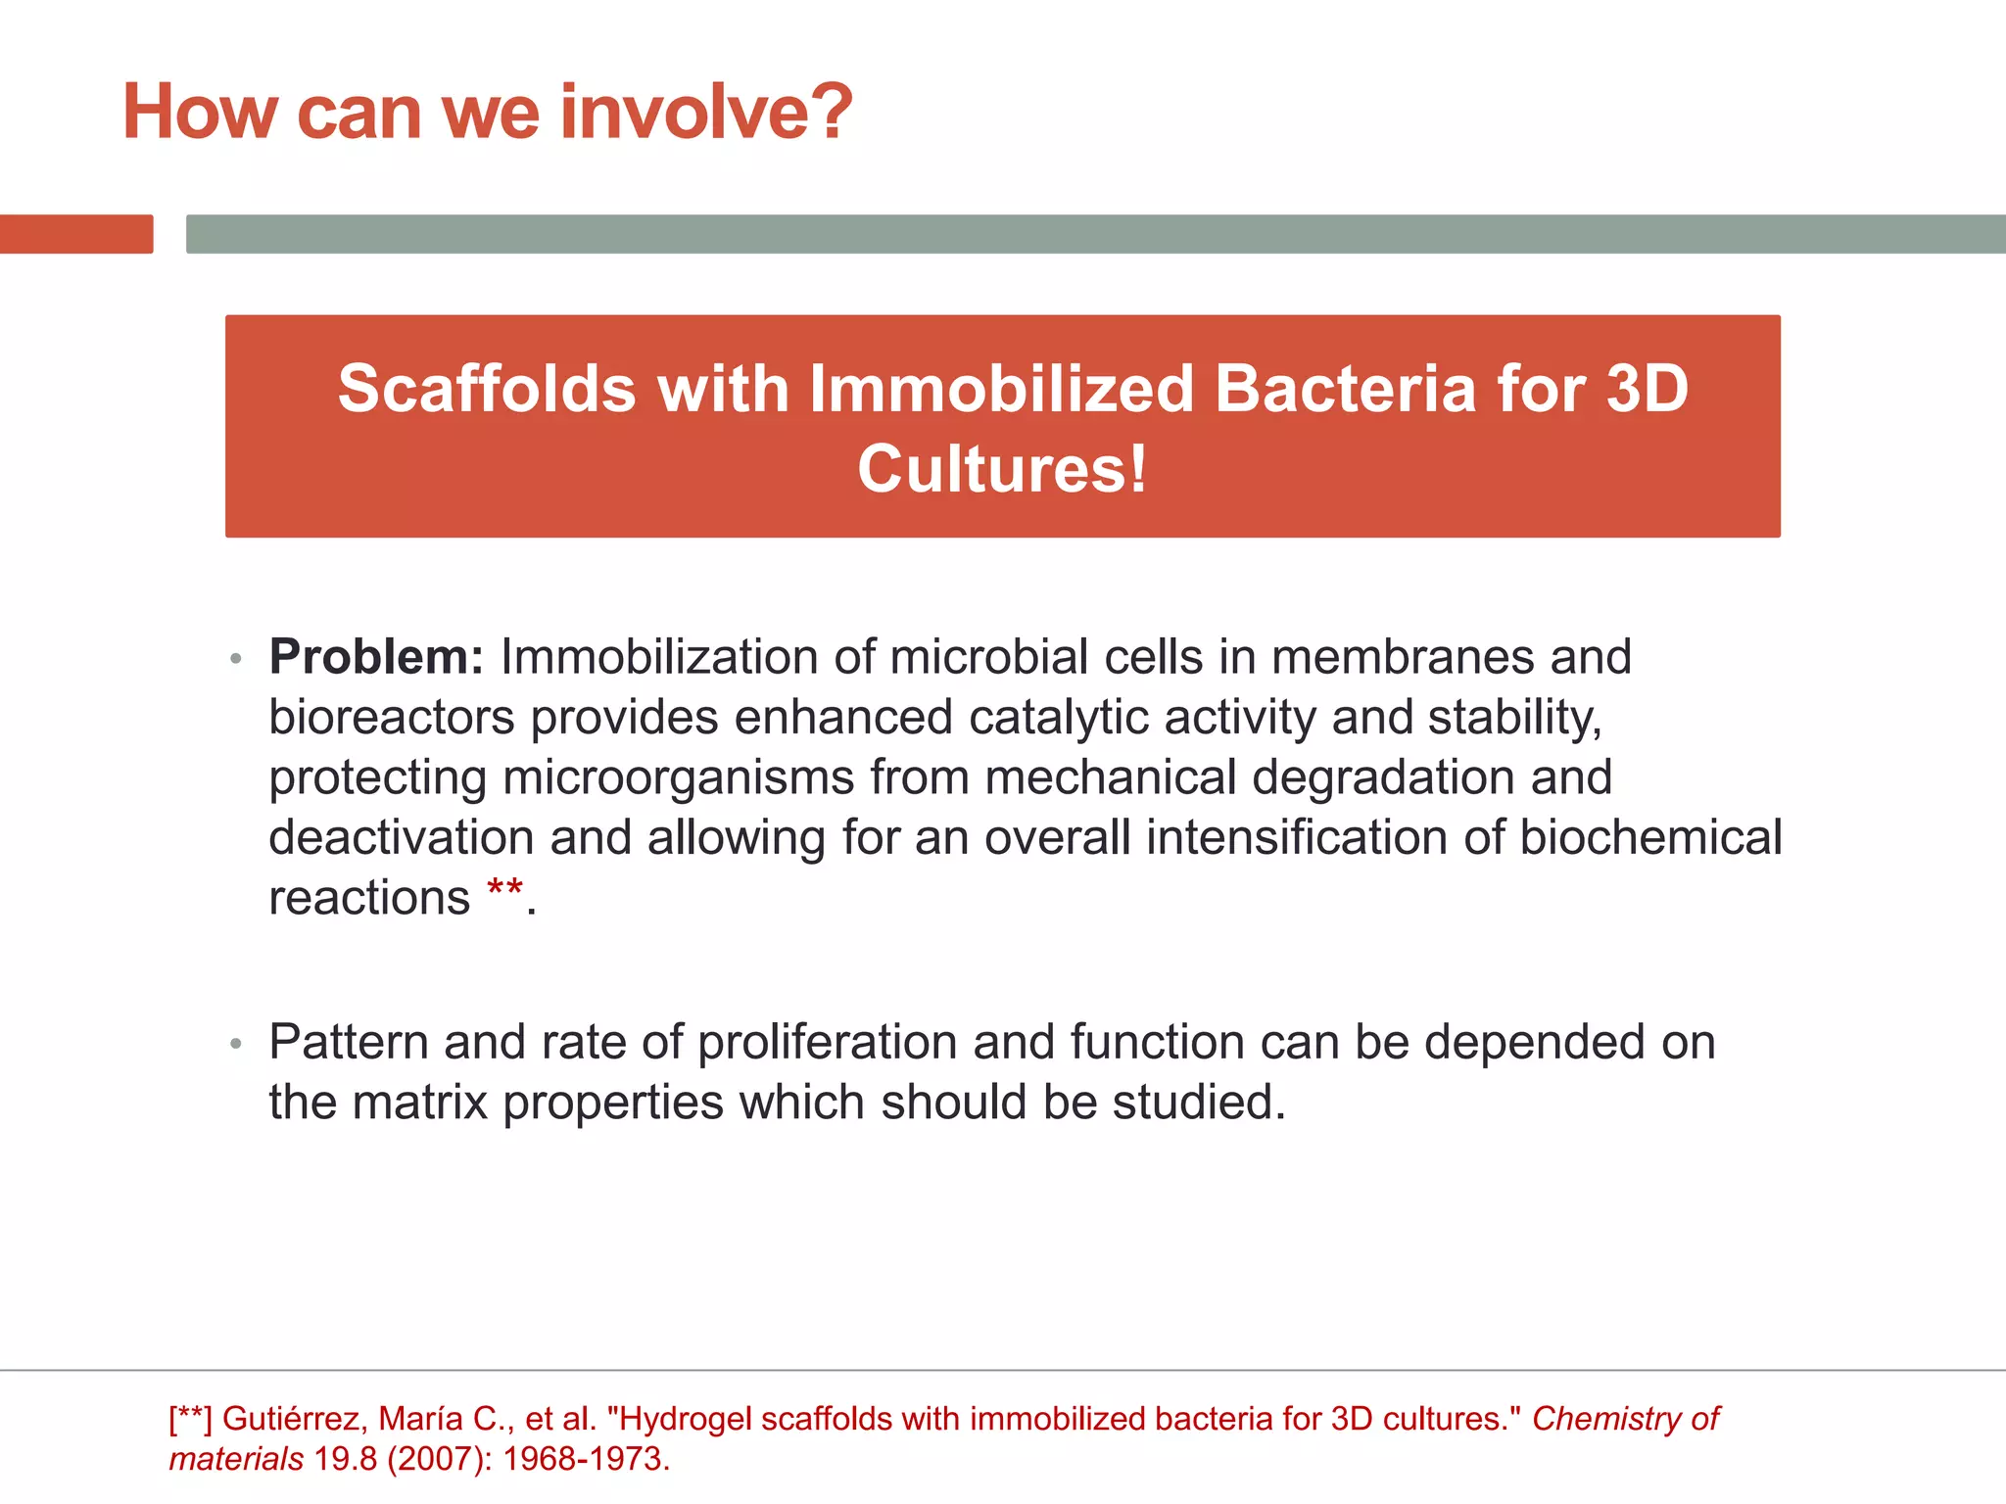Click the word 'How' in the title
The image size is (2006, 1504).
point(200,112)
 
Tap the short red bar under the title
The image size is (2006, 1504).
point(76,234)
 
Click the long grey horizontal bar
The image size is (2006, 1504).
point(1095,234)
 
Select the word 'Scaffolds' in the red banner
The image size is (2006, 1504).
point(487,389)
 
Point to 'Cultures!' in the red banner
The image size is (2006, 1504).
point(1002,469)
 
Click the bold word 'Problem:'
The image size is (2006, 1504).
point(376,657)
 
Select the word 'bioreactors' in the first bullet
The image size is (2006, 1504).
point(391,718)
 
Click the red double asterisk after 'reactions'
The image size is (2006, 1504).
point(504,891)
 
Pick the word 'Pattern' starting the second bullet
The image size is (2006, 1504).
point(348,1042)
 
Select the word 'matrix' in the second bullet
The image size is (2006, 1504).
point(419,1103)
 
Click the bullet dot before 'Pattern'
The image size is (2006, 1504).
point(235,1044)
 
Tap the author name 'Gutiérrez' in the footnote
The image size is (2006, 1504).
point(290,1419)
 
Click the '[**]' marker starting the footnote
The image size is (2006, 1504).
point(189,1419)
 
